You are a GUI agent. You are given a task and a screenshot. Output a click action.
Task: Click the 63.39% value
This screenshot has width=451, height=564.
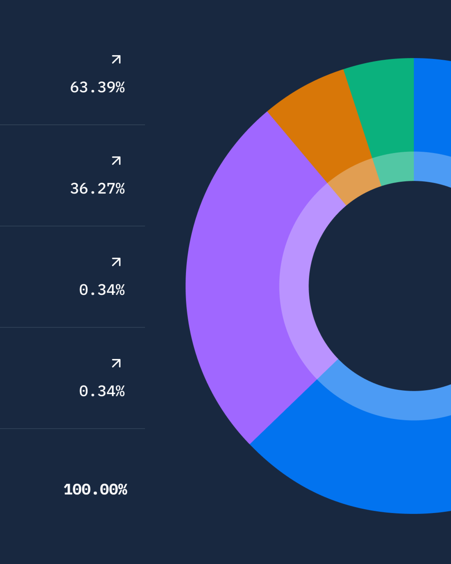tap(97, 87)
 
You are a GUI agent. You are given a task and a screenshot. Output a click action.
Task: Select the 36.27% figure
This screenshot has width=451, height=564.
tap(97, 189)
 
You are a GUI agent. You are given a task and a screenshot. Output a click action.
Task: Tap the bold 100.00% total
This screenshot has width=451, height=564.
tap(95, 489)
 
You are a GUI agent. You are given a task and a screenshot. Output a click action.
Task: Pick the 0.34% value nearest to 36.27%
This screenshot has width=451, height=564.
tap(102, 290)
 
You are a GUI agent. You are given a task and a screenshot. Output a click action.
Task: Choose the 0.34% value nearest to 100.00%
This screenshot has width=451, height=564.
tap(102, 391)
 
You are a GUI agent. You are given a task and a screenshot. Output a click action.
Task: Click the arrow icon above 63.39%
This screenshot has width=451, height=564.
tap(116, 59)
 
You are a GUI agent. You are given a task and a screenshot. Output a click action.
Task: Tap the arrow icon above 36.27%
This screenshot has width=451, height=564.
tap(116, 161)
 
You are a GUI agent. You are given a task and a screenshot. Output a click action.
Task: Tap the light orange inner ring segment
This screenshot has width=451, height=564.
tap(354, 181)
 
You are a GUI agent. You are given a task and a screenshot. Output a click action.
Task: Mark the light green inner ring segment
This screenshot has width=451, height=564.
tap(396, 168)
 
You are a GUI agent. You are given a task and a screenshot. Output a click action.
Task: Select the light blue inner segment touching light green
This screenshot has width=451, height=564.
tap(432, 168)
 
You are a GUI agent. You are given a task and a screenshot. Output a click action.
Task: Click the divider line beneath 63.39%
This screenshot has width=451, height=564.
tap(72, 125)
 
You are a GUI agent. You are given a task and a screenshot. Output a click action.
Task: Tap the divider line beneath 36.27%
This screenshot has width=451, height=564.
tap(72, 226)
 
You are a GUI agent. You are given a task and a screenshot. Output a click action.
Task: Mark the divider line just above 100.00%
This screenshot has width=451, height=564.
tap(72, 429)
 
